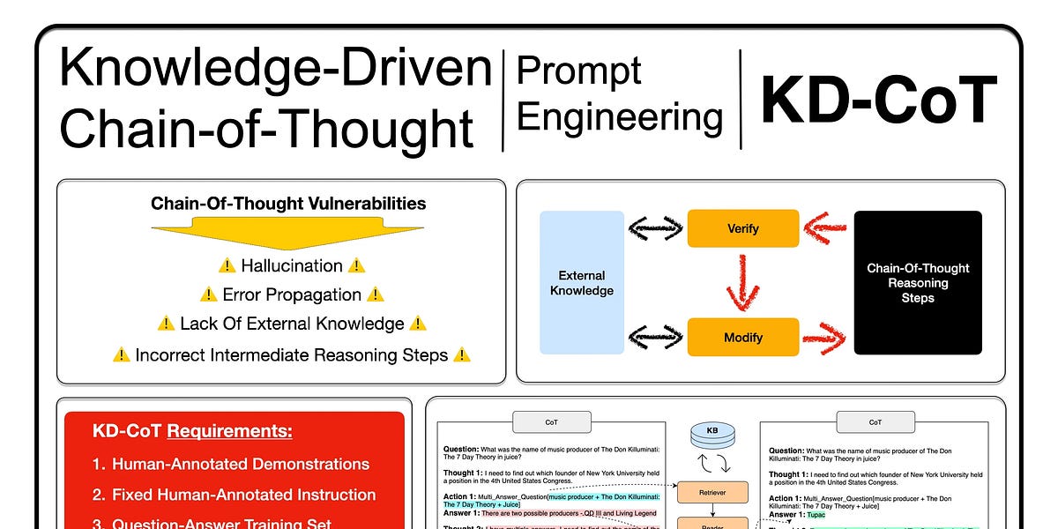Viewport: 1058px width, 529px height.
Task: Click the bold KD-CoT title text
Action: coord(878,101)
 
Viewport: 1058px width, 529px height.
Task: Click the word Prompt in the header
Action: coord(578,71)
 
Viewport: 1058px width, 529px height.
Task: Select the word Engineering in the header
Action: coord(619,117)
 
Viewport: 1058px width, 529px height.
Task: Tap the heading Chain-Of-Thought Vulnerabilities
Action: coord(288,204)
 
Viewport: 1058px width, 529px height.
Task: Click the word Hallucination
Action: coord(279,265)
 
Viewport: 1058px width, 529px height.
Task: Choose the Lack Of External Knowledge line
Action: coord(292,324)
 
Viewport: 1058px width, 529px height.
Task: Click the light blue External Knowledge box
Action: coord(582,283)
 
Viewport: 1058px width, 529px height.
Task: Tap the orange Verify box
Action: coord(742,228)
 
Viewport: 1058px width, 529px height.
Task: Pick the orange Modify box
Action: coord(742,337)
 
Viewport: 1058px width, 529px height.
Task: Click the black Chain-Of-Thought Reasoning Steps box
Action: coord(918,283)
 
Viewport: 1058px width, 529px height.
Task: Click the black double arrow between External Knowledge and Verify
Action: coord(656,229)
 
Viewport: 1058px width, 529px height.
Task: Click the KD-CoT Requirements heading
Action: coord(192,431)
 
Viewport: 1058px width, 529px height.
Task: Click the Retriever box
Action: coord(712,492)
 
